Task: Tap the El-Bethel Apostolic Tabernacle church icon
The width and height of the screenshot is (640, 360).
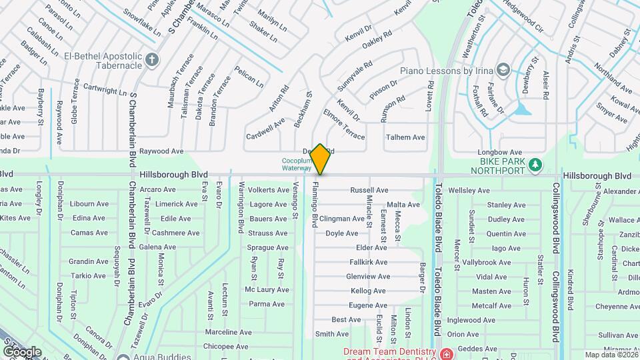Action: (x=152, y=60)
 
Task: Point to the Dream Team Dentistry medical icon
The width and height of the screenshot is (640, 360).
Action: (x=445, y=353)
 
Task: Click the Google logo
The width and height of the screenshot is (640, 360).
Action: (x=22, y=351)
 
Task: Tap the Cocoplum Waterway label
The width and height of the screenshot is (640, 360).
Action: (x=296, y=164)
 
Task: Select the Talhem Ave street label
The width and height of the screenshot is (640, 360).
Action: (x=405, y=137)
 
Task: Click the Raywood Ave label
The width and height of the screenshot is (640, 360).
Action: (x=161, y=151)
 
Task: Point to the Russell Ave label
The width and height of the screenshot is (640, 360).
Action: (x=369, y=190)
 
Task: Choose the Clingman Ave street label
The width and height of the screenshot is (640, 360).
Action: (x=341, y=219)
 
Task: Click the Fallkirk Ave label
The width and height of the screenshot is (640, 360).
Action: (x=368, y=262)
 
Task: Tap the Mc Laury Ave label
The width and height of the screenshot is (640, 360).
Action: (x=267, y=290)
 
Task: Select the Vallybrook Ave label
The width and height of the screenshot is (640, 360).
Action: (x=485, y=263)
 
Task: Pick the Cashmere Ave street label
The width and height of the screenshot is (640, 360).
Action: (x=177, y=233)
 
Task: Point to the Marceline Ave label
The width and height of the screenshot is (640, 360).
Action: (x=229, y=332)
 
